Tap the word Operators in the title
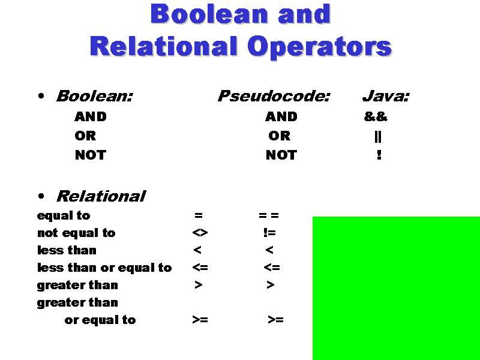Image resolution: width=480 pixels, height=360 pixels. click(x=320, y=46)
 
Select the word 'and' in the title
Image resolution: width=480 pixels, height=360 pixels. click(x=304, y=14)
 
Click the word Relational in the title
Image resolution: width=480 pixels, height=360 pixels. click(x=163, y=46)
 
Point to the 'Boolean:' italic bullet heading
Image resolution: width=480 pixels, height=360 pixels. click(x=94, y=96)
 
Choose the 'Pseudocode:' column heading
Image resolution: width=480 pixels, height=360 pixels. click(x=274, y=96)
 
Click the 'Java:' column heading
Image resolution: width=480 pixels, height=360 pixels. click(x=386, y=96)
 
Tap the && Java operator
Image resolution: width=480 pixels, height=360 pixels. click(x=376, y=116)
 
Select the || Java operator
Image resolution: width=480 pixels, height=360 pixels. click(x=377, y=136)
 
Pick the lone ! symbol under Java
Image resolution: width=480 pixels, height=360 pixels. click(x=379, y=155)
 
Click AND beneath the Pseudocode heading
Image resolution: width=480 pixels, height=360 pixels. click(x=281, y=116)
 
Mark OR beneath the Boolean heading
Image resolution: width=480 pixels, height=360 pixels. click(x=85, y=136)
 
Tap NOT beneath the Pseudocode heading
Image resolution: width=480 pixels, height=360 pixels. click(x=281, y=155)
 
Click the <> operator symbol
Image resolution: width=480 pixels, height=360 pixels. click(x=200, y=233)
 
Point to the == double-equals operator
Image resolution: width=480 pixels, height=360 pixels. click(x=269, y=215)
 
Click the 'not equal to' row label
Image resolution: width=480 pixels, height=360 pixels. click(x=76, y=233)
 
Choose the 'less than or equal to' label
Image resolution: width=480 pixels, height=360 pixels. click(x=104, y=268)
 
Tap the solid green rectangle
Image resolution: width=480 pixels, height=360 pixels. click(x=396, y=288)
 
